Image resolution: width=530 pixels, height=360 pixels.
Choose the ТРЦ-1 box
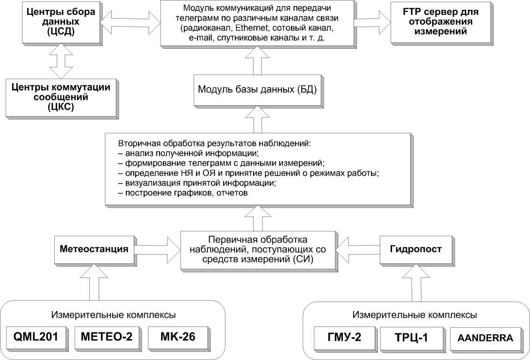click(410, 337)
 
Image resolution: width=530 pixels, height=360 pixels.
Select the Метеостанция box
click(94, 249)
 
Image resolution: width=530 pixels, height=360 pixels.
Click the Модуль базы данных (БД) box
click(257, 89)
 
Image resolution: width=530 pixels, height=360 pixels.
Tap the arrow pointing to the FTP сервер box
click(373, 22)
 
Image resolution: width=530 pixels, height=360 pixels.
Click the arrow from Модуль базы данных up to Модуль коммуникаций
click(257, 62)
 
